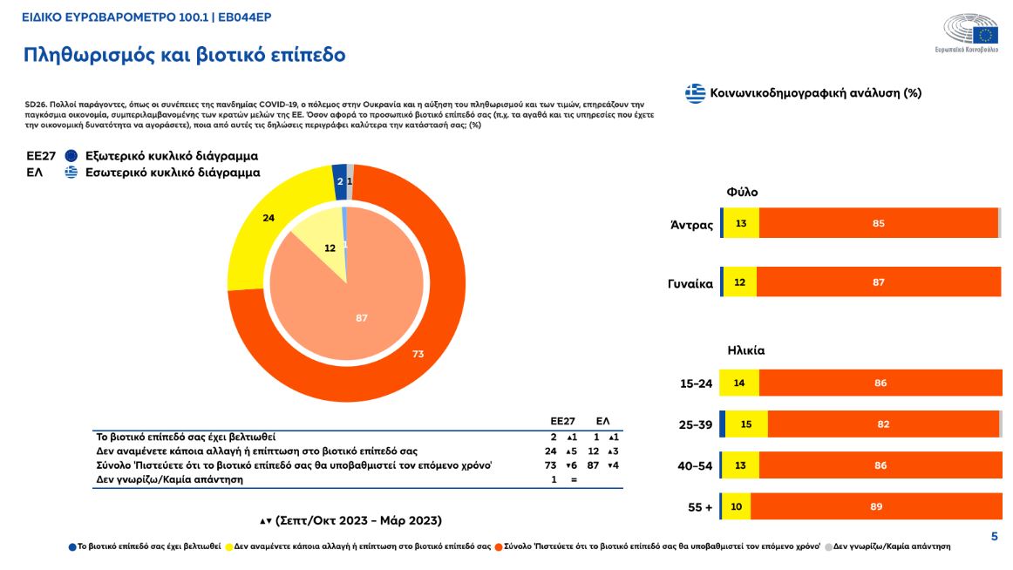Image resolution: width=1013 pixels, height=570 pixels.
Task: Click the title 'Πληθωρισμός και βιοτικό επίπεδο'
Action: [x=184, y=56]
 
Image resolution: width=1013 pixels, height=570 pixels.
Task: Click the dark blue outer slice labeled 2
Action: [x=339, y=181]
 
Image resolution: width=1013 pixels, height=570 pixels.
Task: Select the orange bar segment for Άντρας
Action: [x=878, y=224]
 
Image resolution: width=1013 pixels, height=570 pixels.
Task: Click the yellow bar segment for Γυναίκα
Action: [x=740, y=282]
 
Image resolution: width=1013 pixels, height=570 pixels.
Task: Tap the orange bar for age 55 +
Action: [x=876, y=506]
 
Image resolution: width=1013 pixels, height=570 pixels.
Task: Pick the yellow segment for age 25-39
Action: [x=746, y=424]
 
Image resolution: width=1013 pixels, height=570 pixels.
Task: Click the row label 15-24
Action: [x=696, y=383]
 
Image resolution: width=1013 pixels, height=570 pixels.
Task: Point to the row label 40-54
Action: [x=696, y=466]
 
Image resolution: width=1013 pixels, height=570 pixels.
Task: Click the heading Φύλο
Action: [x=743, y=193]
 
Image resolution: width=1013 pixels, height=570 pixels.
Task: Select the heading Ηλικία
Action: [x=746, y=350]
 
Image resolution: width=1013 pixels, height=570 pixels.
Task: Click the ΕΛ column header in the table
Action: [x=602, y=421]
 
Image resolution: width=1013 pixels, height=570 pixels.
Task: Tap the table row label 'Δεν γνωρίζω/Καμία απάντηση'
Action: [x=169, y=479]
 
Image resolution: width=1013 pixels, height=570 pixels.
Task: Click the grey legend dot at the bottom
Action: [x=828, y=547]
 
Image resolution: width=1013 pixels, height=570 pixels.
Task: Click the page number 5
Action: [x=994, y=537]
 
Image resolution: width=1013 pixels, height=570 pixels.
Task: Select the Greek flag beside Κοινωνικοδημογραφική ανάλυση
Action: [x=695, y=93]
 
